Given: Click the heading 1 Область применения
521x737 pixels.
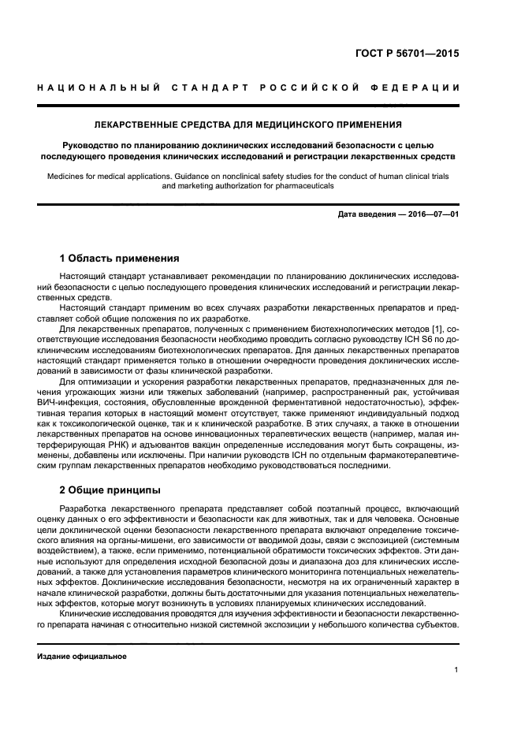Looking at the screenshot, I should tap(119, 258).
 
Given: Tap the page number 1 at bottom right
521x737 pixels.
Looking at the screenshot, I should tap(456, 670).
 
